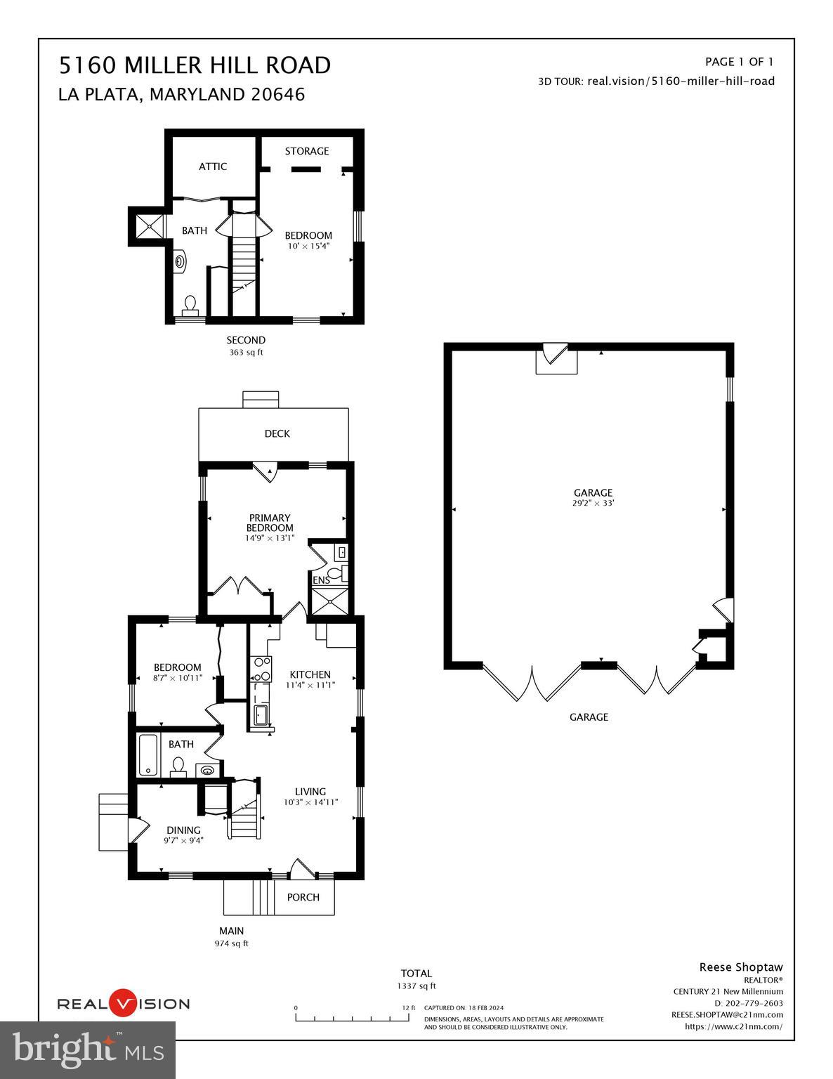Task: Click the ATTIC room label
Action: point(213,166)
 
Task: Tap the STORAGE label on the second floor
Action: point(307,151)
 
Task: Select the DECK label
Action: point(277,433)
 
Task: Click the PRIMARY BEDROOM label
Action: point(270,523)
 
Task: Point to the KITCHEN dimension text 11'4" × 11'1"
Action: point(310,685)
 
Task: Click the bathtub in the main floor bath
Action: point(149,755)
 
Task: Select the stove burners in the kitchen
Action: point(262,669)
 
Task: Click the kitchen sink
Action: point(261,715)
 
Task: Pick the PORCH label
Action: point(303,897)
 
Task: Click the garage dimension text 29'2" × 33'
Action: point(593,503)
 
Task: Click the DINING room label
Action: point(183,830)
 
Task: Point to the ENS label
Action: point(321,580)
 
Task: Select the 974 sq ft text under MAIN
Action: point(232,943)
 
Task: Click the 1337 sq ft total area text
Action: point(416,986)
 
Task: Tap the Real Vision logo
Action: point(123,1004)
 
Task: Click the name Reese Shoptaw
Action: point(740,967)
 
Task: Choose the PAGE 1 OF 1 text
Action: point(739,62)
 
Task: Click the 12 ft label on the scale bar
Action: point(409,1007)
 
